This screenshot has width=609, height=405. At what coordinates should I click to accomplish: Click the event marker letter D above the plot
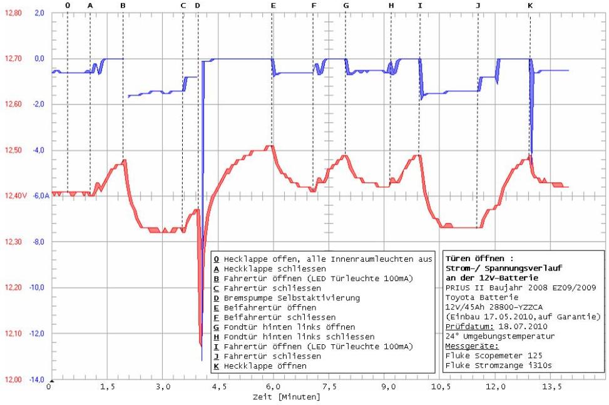tap(198, 5)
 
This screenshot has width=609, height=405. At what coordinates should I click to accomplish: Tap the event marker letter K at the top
tap(530, 5)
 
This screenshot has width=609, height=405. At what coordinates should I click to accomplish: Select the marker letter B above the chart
tap(123, 5)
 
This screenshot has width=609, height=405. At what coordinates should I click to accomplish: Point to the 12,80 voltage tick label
tap(13, 13)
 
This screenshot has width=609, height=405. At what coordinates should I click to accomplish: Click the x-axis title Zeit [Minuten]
tap(286, 397)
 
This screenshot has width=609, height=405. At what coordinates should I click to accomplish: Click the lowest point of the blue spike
tap(202, 361)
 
